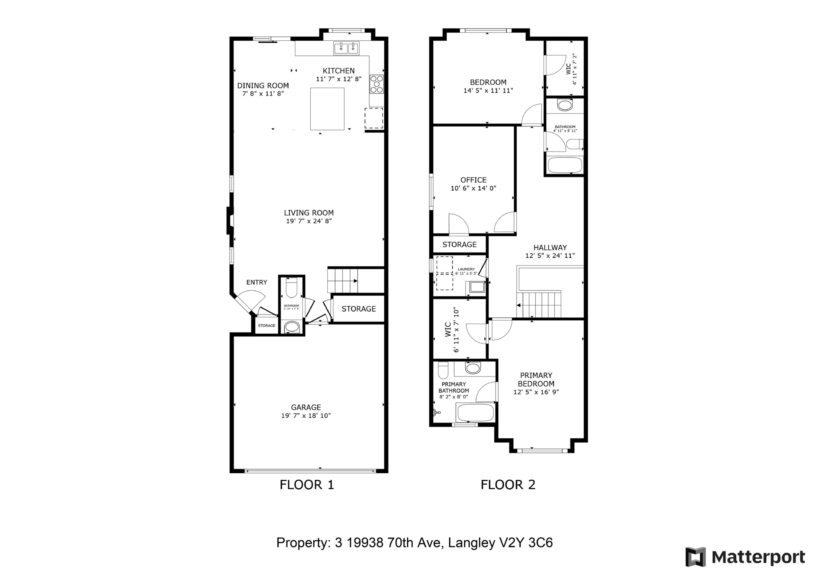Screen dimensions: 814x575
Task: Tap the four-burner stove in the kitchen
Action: pos(377,84)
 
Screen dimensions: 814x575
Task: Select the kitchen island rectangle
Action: pos(327,109)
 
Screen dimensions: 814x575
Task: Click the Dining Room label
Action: pos(263,85)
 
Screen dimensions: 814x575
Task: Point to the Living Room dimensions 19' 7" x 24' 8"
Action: pos(309,221)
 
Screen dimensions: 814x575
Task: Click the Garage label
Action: pos(306,407)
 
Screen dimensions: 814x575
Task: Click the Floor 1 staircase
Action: pos(343,281)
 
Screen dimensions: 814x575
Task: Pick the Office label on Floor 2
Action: pos(473,180)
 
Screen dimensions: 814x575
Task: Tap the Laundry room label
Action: pos(466,269)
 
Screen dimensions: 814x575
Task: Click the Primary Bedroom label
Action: pos(536,380)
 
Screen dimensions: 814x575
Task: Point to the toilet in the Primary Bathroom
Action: pos(443,370)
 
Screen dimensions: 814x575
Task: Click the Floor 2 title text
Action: pos(508,485)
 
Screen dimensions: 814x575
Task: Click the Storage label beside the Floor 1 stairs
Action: pos(359,309)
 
